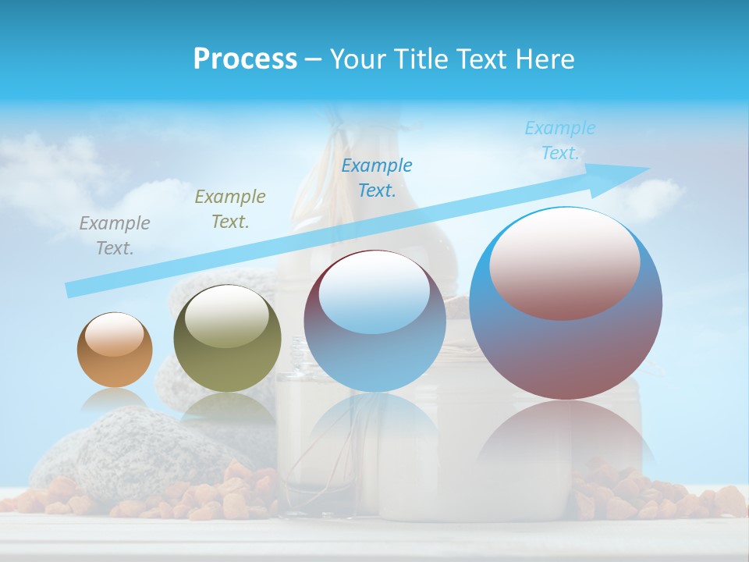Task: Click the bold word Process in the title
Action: (245, 59)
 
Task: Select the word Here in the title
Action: (545, 59)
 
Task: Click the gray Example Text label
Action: (115, 236)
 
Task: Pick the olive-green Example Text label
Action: (230, 209)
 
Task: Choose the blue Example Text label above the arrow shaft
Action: (377, 177)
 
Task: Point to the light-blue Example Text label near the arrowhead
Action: (559, 140)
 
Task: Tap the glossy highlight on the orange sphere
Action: (115, 335)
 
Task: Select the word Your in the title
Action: (359, 59)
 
